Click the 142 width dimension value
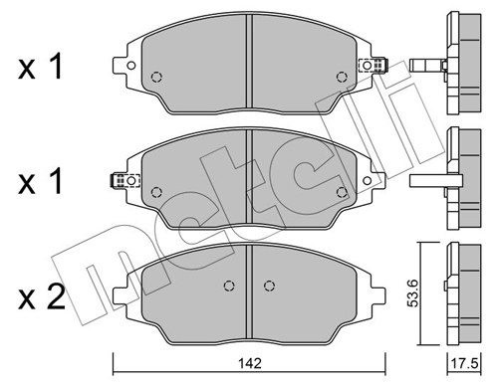[250, 363]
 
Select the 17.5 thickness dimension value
[464, 364]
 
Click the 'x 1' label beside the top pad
[41, 68]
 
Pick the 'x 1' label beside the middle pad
[41, 181]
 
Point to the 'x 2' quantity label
[41, 297]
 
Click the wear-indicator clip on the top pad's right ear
[373, 65]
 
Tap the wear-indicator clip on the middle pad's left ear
[124, 180]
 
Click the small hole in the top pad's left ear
[131, 66]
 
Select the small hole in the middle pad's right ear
[368, 181]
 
